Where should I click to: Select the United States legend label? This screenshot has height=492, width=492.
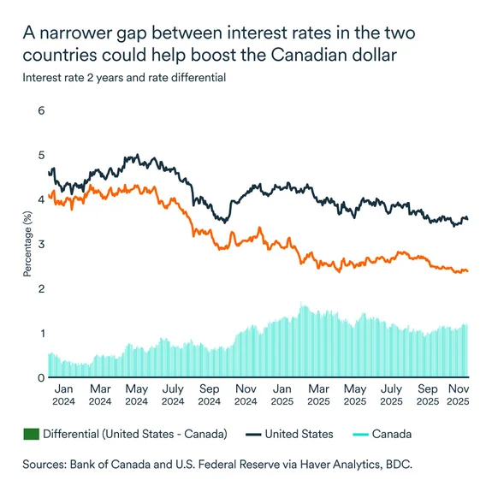(x=299, y=434)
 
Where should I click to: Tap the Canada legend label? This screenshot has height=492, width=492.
(x=392, y=434)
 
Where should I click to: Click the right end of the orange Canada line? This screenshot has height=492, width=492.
(x=467, y=271)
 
